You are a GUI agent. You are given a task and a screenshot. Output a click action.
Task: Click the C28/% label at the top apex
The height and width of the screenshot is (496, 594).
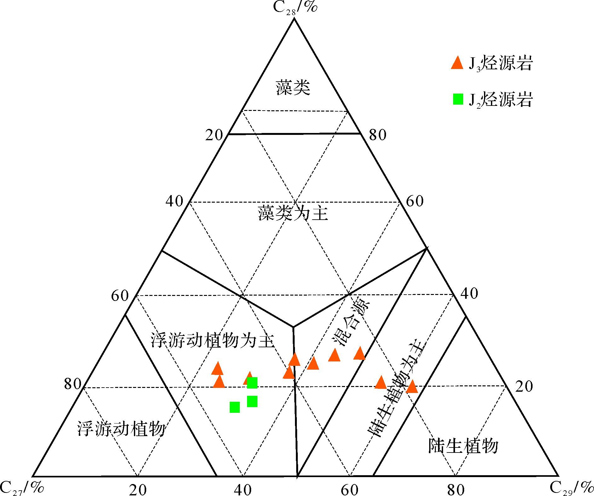tap(295, 7)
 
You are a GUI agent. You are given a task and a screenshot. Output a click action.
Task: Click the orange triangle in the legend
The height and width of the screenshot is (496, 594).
tap(457, 62)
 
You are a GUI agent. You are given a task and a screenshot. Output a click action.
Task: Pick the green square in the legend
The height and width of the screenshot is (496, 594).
tap(458, 99)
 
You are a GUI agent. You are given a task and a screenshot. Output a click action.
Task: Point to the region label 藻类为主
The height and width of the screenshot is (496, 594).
tap(293, 213)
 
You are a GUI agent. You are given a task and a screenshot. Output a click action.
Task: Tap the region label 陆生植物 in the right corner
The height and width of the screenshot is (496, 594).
tap(463, 446)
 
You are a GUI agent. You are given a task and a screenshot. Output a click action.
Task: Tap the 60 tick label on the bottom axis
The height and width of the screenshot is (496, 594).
tap(350, 489)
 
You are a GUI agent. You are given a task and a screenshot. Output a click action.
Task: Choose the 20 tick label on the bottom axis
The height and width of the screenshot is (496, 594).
tap(138, 489)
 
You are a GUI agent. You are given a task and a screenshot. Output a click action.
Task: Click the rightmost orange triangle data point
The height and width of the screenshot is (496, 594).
tap(412, 387)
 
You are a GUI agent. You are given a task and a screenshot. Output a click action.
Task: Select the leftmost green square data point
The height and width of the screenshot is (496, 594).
tap(235, 407)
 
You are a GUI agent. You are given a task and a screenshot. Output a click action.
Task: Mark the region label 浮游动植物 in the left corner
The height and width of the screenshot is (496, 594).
tap(121, 429)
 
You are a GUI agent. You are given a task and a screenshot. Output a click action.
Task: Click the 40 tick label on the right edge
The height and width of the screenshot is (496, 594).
tap(469, 293)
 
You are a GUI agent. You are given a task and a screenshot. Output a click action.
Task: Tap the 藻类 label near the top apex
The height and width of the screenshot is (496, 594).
tap(293, 88)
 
